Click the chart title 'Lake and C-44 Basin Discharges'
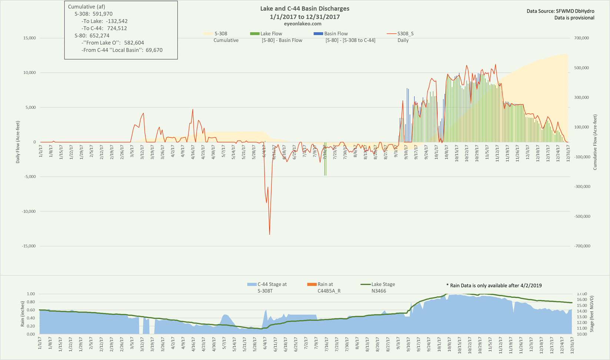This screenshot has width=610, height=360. tap(304, 9)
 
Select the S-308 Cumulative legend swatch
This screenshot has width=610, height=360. tap(208, 34)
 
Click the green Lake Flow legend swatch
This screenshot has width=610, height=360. tap(255, 34)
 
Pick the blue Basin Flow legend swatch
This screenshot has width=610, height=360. tap(318, 34)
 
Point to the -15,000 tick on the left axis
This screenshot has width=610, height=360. tap(27, 246)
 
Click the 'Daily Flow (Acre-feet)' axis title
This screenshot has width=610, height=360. tap(18, 142)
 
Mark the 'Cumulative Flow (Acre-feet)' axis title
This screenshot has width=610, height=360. tap(595, 142)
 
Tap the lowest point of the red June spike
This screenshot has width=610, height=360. tap(269, 234)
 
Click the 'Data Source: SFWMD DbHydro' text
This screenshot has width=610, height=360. tap(560, 11)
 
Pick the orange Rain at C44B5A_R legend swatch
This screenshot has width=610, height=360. tap(312, 284)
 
